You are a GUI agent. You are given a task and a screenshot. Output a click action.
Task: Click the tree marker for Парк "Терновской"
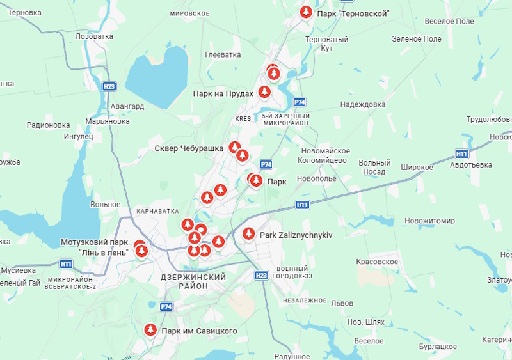(x=307, y=12)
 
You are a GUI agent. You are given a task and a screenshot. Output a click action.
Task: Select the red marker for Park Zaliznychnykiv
(x=249, y=235)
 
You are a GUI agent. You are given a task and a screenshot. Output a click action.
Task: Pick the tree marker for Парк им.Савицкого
(x=150, y=330)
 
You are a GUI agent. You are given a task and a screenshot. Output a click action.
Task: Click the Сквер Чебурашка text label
(x=189, y=148)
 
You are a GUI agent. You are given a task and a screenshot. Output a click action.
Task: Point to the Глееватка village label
(x=223, y=55)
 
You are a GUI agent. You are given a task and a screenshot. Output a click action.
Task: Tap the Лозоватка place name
(x=94, y=37)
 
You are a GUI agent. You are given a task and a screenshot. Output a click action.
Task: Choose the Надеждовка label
(x=363, y=104)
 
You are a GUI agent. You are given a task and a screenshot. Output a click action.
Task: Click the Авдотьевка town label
(x=471, y=165)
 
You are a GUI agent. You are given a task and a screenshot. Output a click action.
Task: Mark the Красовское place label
(x=377, y=262)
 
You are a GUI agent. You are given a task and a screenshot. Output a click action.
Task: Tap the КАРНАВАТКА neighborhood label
(x=157, y=210)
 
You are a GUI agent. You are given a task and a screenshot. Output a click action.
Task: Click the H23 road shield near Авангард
(x=109, y=86)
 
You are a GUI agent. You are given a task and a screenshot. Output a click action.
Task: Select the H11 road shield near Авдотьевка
(x=462, y=154)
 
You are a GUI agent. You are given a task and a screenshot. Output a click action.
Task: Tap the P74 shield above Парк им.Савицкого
(x=166, y=307)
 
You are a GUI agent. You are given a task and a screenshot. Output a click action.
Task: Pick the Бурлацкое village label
(x=438, y=346)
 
